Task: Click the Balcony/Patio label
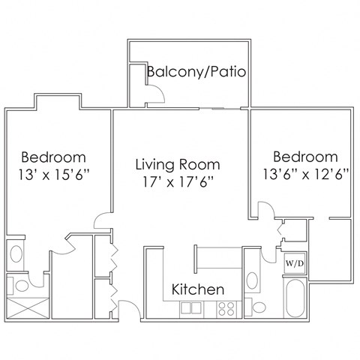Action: [x=196, y=72]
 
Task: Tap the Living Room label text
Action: [x=178, y=163]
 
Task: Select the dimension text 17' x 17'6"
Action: [x=178, y=182]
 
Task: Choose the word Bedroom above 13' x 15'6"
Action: [x=53, y=157]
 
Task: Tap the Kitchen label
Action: [x=198, y=289]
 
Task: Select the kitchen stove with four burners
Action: [x=226, y=307]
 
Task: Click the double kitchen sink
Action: [x=190, y=307]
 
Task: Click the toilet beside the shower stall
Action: [x=22, y=285]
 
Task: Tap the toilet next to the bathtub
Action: [x=258, y=307]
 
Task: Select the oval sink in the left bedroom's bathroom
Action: [x=14, y=253]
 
